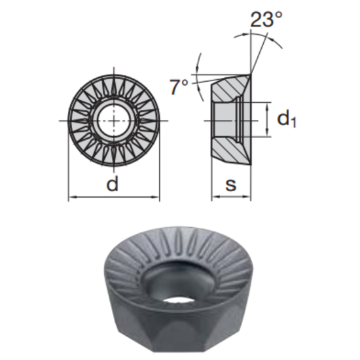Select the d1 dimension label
(287, 119)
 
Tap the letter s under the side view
(230, 185)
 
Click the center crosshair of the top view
(114, 121)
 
